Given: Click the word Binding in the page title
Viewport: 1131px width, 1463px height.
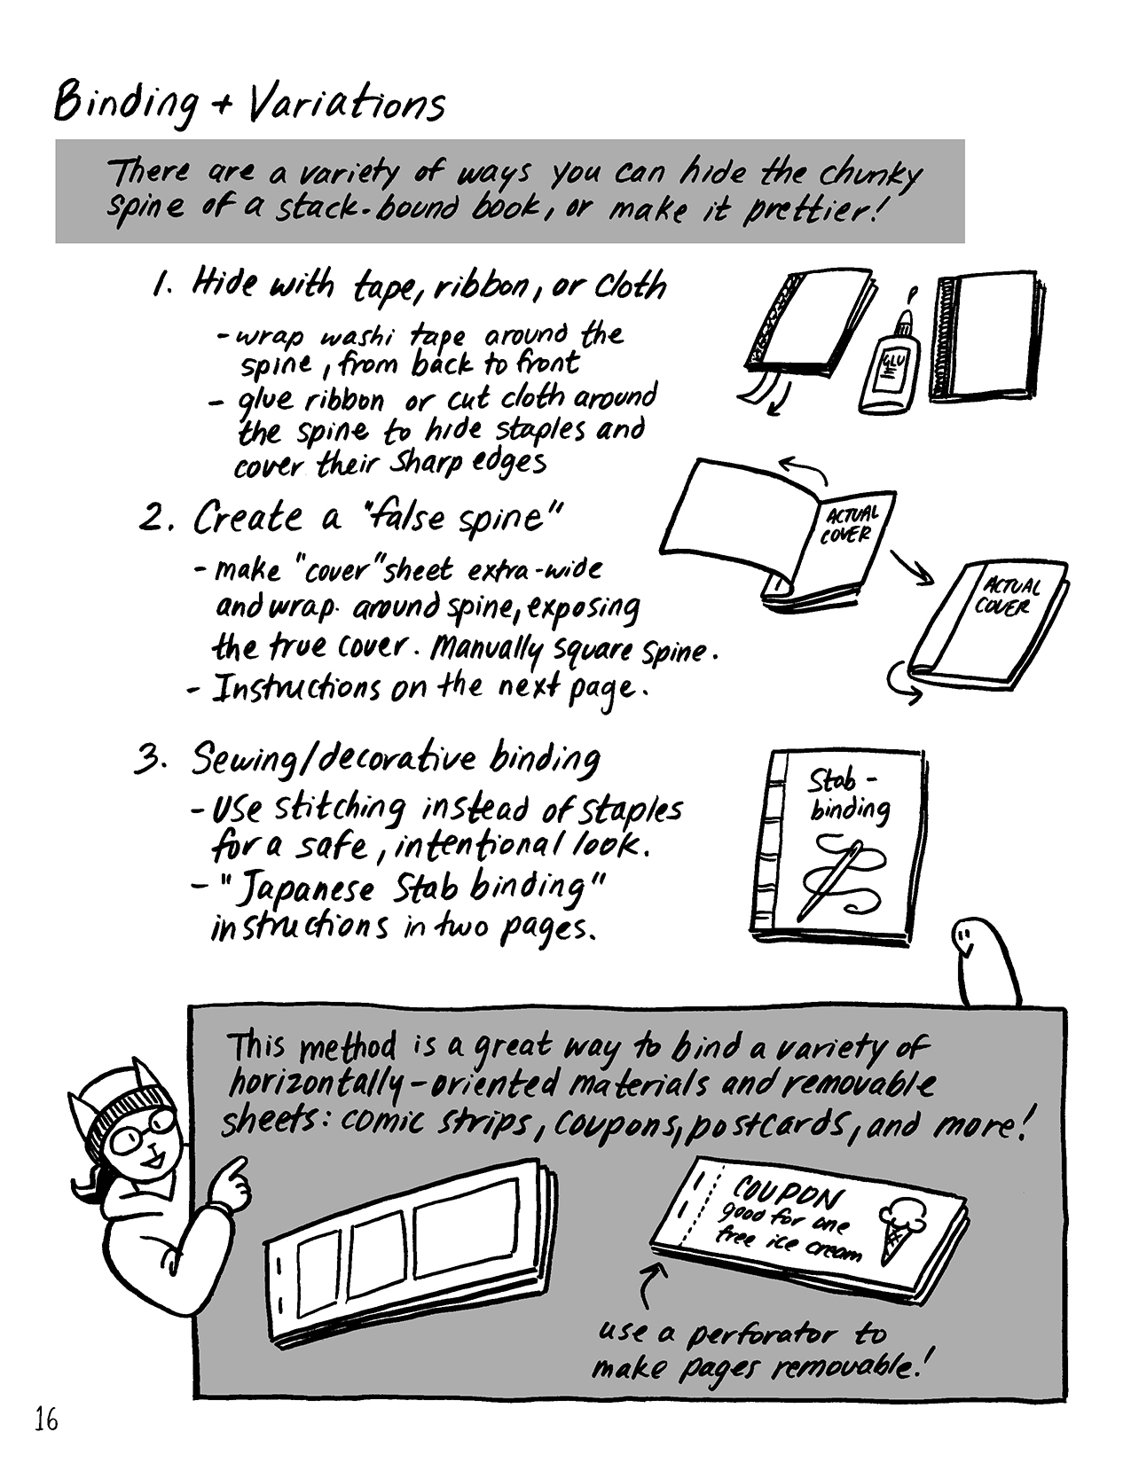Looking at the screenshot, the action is [x=125, y=105].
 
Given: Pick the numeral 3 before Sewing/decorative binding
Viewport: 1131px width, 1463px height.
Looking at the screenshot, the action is [x=147, y=759].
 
